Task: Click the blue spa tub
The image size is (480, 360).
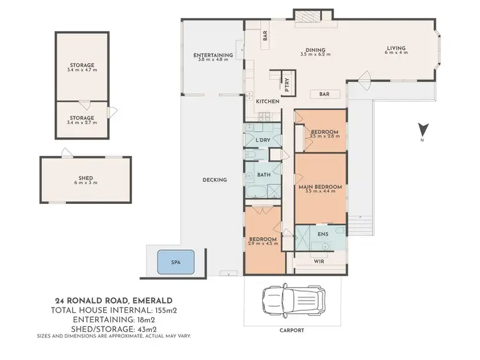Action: [x=175, y=262]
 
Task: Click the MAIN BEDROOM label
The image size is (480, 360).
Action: [x=320, y=187]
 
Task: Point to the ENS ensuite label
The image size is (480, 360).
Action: [x=323, y=234]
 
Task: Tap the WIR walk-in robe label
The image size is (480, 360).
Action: [x=318, y=262]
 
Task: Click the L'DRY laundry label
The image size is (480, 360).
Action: [x=262, y=140]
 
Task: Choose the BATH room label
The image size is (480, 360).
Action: [x=262, y=174]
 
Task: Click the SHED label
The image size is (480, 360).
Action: [x=80, y=177]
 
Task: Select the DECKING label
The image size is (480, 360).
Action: [x=214, y=180]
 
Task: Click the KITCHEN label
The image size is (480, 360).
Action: [x=268, y=102]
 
